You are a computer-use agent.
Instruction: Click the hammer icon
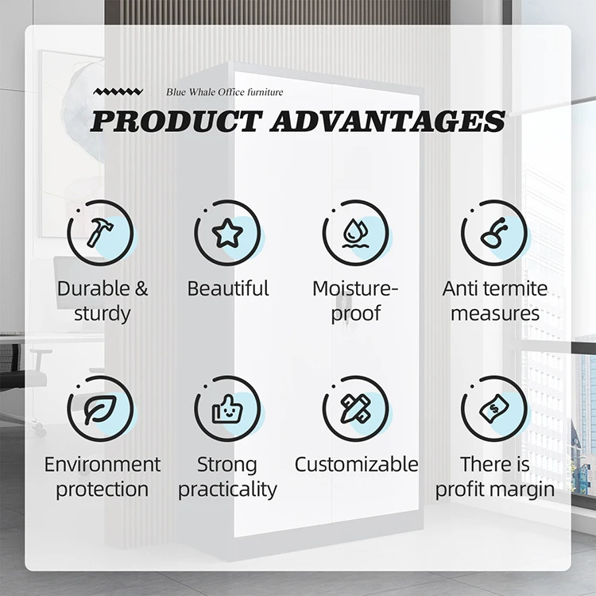99,232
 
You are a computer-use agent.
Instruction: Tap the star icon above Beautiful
227,233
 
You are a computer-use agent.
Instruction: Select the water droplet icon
355,233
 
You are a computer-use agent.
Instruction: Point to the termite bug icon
493,233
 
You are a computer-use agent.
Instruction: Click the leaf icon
99,409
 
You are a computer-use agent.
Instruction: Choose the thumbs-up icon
227,409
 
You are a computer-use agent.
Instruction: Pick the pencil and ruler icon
355,409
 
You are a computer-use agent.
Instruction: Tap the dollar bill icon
493,409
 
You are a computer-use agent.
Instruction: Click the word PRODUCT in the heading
176,122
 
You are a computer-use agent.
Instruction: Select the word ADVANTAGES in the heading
388,122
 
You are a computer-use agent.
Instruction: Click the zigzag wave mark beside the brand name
118,91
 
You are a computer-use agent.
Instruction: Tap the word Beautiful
228,288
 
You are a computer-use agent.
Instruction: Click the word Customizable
356,465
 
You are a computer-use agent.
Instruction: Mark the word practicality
227,490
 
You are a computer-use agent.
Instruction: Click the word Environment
103,465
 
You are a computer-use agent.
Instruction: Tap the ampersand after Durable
141,288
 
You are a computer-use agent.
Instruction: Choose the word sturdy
103,314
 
